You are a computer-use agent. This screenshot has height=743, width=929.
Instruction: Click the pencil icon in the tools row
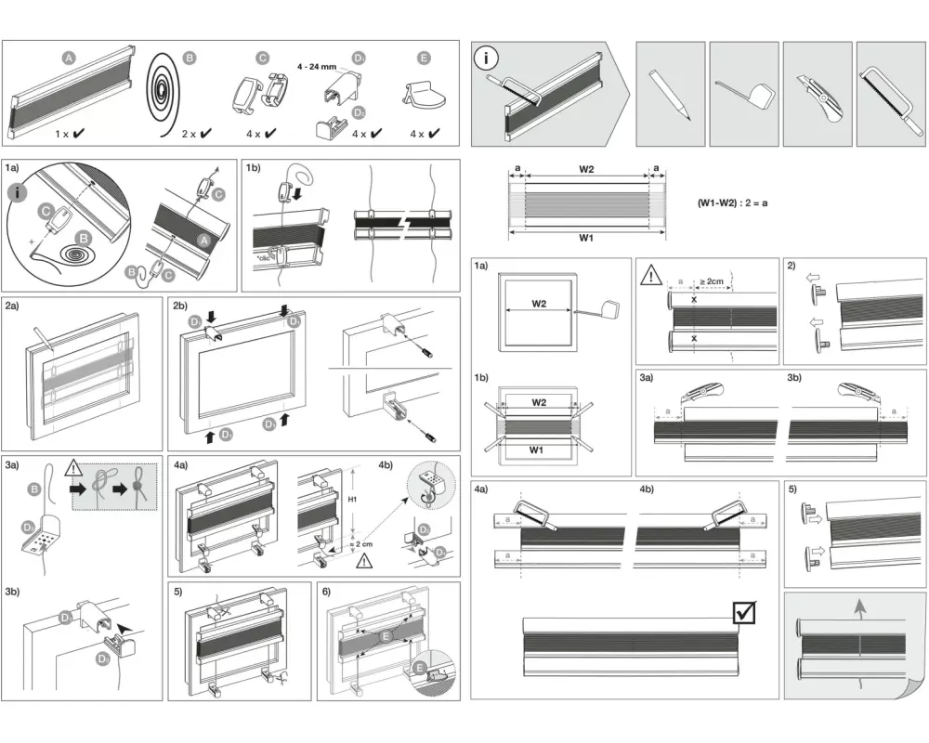point(671,94)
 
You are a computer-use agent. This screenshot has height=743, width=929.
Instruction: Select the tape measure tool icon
point(745,93)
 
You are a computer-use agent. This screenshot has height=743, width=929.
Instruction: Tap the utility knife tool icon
point(818,93)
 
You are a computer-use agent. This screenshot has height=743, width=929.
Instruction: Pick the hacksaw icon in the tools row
point(890,93)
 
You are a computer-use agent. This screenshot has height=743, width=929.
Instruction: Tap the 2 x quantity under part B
point(189,134)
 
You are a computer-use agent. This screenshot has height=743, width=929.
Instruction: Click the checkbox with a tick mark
point(744,611)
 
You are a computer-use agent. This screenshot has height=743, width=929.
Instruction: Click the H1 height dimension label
point(353,499)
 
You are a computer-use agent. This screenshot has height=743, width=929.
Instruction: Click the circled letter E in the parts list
point(425,58)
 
